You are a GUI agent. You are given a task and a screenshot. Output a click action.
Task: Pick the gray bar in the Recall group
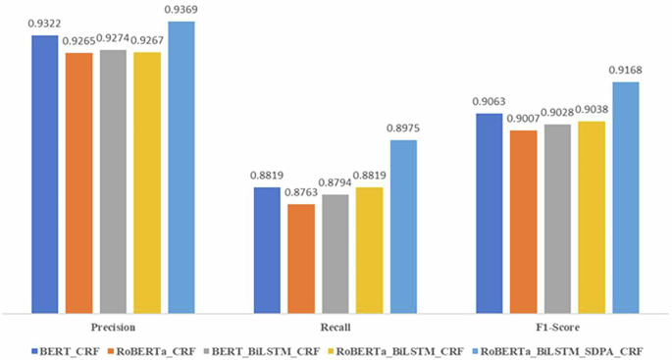click(335, 251)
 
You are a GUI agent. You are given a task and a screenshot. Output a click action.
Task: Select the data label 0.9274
click(112, 38)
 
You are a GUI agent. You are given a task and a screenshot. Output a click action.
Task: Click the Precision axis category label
click(112, 327)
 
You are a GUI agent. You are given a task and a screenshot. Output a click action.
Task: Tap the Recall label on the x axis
click(335, 327)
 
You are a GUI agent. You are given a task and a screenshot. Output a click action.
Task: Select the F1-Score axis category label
click(557, 327)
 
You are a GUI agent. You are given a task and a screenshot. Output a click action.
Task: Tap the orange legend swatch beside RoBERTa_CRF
click(113, 349)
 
